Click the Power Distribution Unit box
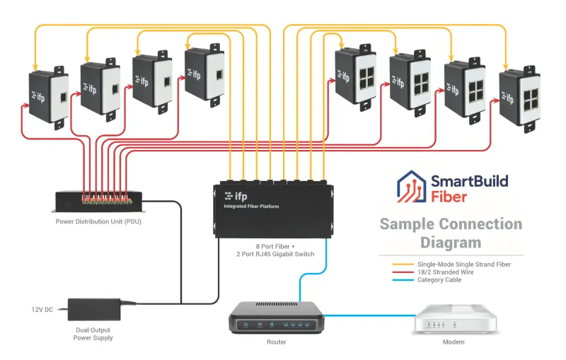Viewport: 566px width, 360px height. click(x=100, y=201)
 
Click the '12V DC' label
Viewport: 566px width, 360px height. click(x=42, y=309)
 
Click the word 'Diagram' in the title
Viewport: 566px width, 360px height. click(x=451, y=243)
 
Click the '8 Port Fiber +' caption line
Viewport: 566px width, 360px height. click(x=272, y=246)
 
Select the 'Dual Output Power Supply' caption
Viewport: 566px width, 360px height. click(x=93, y=333)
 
